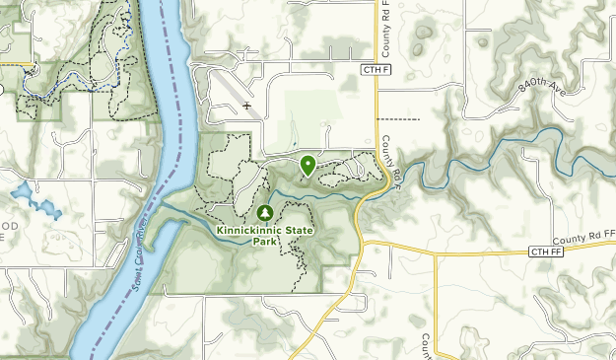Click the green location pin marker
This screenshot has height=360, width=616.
(308, 165)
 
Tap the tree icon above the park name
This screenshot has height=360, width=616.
(265, 212)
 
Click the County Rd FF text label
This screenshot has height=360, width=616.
(583, 240)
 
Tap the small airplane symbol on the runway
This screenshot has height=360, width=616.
(246, 105)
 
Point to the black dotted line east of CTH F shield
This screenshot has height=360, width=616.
(398, 119)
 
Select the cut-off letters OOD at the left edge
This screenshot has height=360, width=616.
(9, 226)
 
